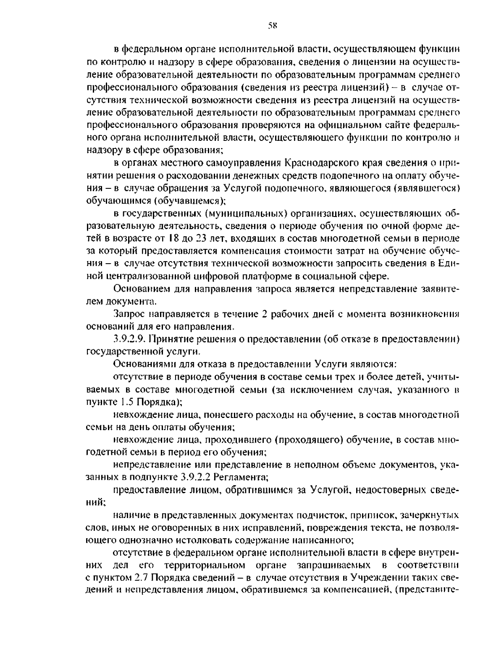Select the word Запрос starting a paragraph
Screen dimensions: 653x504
(x=128, y=314)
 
